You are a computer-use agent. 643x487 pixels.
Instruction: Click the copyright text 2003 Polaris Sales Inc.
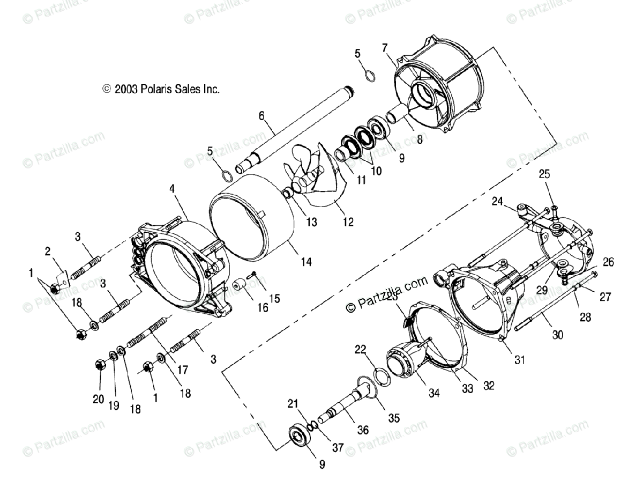(x=161, y=90)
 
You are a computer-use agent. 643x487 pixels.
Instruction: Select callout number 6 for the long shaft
(x=261, y=115)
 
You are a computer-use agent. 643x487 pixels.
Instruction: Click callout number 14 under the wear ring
(x=306, y=262)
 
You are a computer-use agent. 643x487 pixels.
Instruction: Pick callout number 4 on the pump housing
(x=172, y=189)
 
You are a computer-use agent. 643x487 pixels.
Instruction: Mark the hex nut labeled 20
(x=99, y=365)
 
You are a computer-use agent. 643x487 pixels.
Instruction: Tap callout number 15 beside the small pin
(x=274, y=298)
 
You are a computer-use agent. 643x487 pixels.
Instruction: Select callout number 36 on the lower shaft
(x=362, y=430)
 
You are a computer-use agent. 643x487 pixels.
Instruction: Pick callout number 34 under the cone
(x=434, y=394)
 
